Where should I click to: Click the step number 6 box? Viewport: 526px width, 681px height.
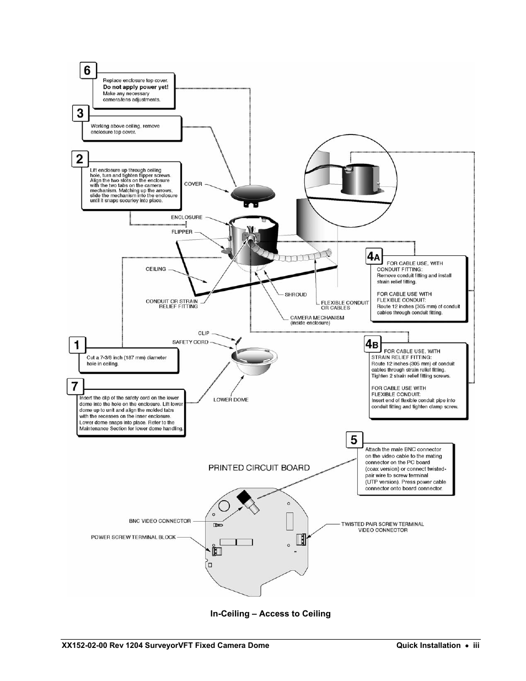(87, 71)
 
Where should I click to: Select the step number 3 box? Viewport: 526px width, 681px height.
(80, 114)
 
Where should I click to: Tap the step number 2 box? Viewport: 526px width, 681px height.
(80, 159)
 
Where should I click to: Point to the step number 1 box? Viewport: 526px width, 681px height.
(77, 345)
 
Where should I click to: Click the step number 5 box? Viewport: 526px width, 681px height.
(354, 439)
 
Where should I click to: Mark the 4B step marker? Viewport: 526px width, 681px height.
(373, 344)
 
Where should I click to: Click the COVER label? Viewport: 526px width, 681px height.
(193, 184)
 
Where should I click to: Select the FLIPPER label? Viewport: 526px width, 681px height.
(182, 232)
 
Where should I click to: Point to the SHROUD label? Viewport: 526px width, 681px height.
(296, 294)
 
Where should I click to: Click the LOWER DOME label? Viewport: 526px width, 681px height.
(231, 400)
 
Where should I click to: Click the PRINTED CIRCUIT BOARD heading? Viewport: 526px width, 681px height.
(259, 468)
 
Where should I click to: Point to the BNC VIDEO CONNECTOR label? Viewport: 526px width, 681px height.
(159, 521)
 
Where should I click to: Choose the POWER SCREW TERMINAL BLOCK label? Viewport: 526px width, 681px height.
(133, 537)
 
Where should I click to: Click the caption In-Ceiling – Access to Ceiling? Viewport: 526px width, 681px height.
(270, 614)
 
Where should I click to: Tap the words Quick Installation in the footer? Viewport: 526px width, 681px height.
(428, 645)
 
